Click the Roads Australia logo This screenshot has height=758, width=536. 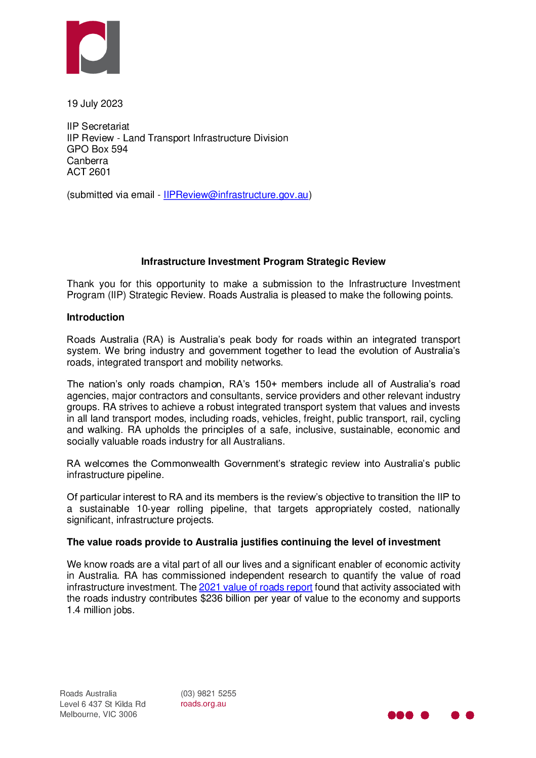(x=93, y=47)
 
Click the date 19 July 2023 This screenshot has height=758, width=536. (x=95, y=104)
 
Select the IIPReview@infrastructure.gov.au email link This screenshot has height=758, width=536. (x=236, y=195)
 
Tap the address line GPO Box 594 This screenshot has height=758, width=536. (x=97, y=149)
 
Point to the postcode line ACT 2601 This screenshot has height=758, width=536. (x=89, y=172)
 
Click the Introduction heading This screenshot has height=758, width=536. (x=96, y=317)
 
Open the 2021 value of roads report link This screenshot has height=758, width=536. (x=256, y=587)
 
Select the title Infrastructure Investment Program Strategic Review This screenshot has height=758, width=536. (x=263, y=262)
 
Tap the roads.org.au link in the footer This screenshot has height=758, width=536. (x=203, y=704)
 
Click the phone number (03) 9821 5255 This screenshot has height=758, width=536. (x=209, y=694)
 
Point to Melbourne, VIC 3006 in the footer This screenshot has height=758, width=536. (x=98, y=714)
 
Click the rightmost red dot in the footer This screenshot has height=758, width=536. (x=470, y=715)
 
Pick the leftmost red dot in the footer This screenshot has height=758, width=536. (x=392, y=715)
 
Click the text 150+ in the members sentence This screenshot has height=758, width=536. (x=266, y=384)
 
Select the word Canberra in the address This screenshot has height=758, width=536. (x=88, y=161)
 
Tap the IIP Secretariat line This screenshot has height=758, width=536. (x=98, y=127)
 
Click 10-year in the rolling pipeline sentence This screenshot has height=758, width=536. (x=153, y=509)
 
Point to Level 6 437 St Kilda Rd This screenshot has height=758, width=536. (x=103, y=704)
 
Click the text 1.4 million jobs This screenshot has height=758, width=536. (x=101, y=610)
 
